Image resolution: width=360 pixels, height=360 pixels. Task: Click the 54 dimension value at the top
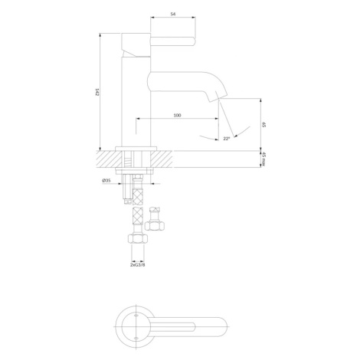pyautogui.click(x=173, y=15)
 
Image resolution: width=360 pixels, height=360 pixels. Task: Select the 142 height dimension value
pyautogui.click(x=97, y=92)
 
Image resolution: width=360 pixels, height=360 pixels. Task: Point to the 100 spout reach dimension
pyautogui.click(x=177, y=115)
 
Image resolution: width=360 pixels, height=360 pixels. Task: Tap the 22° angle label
pyautogui.click(x=226, y=139)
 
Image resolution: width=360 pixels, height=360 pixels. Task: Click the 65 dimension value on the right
pyautogui.click(x=264, y=125)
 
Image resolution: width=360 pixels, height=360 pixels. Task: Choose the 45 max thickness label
pyautogui.click(x=264, y=159)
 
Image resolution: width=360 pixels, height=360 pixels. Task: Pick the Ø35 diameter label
pyautogui.click(x=106, y=180)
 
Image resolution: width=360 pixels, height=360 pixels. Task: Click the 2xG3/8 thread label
pyautogui.click(x=138, y=264)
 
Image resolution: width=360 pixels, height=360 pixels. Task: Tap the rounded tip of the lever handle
pyautogui.click(x=193, y=42)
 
